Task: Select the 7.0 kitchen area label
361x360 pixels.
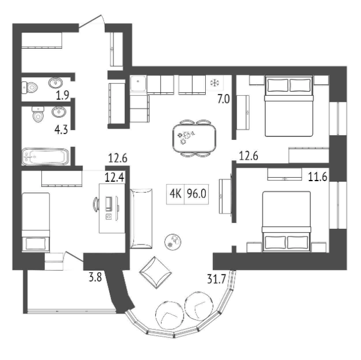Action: [x=223, y=99]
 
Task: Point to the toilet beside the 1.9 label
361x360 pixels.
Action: [x=30, y=88]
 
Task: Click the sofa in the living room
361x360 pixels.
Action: [x=141, y=218]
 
